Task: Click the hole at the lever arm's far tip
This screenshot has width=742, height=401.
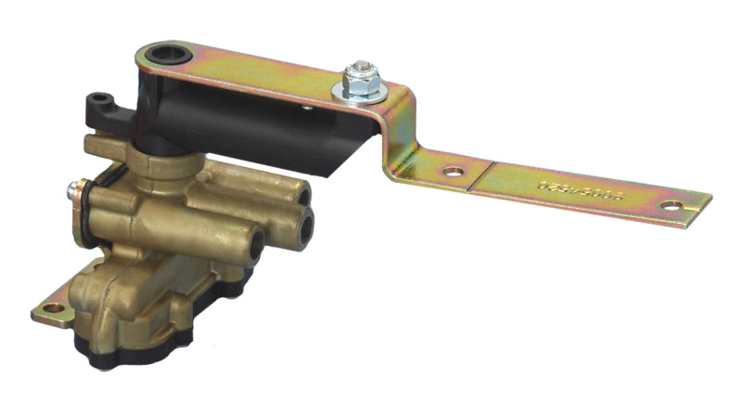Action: tap(671, 205)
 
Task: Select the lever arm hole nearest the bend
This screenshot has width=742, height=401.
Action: tap(453, 172)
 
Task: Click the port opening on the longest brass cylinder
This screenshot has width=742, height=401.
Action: tap(251, 243)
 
